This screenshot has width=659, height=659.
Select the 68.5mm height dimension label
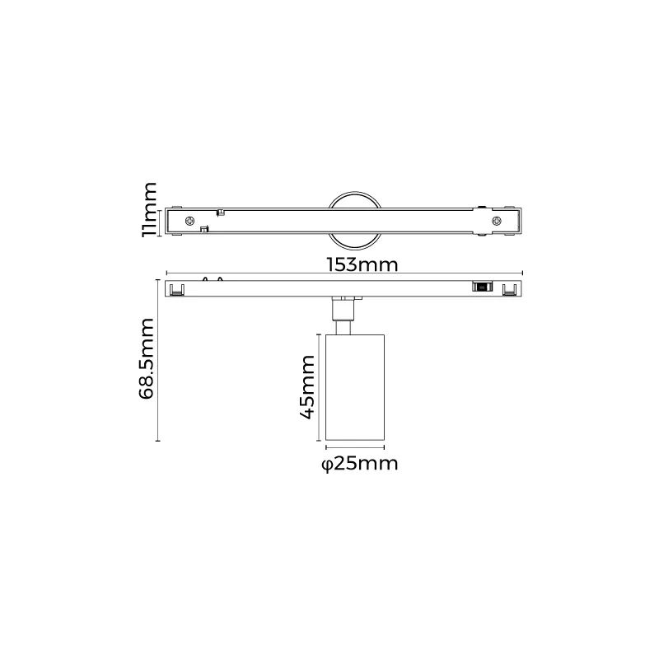click(147, 359)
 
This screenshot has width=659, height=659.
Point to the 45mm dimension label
click(306, 386)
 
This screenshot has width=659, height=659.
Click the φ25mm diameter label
click(359, 465)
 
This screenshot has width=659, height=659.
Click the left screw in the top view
click(191, 220)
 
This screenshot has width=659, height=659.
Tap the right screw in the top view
click(496, 220)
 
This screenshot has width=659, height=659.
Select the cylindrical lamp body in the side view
click(354, 387)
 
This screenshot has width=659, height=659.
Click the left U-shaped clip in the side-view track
click(175, 289)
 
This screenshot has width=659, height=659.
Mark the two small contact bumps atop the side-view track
click(212, 278)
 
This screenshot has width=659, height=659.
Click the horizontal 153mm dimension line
click(247, 273)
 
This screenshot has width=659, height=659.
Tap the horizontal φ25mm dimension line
click(354, 448)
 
